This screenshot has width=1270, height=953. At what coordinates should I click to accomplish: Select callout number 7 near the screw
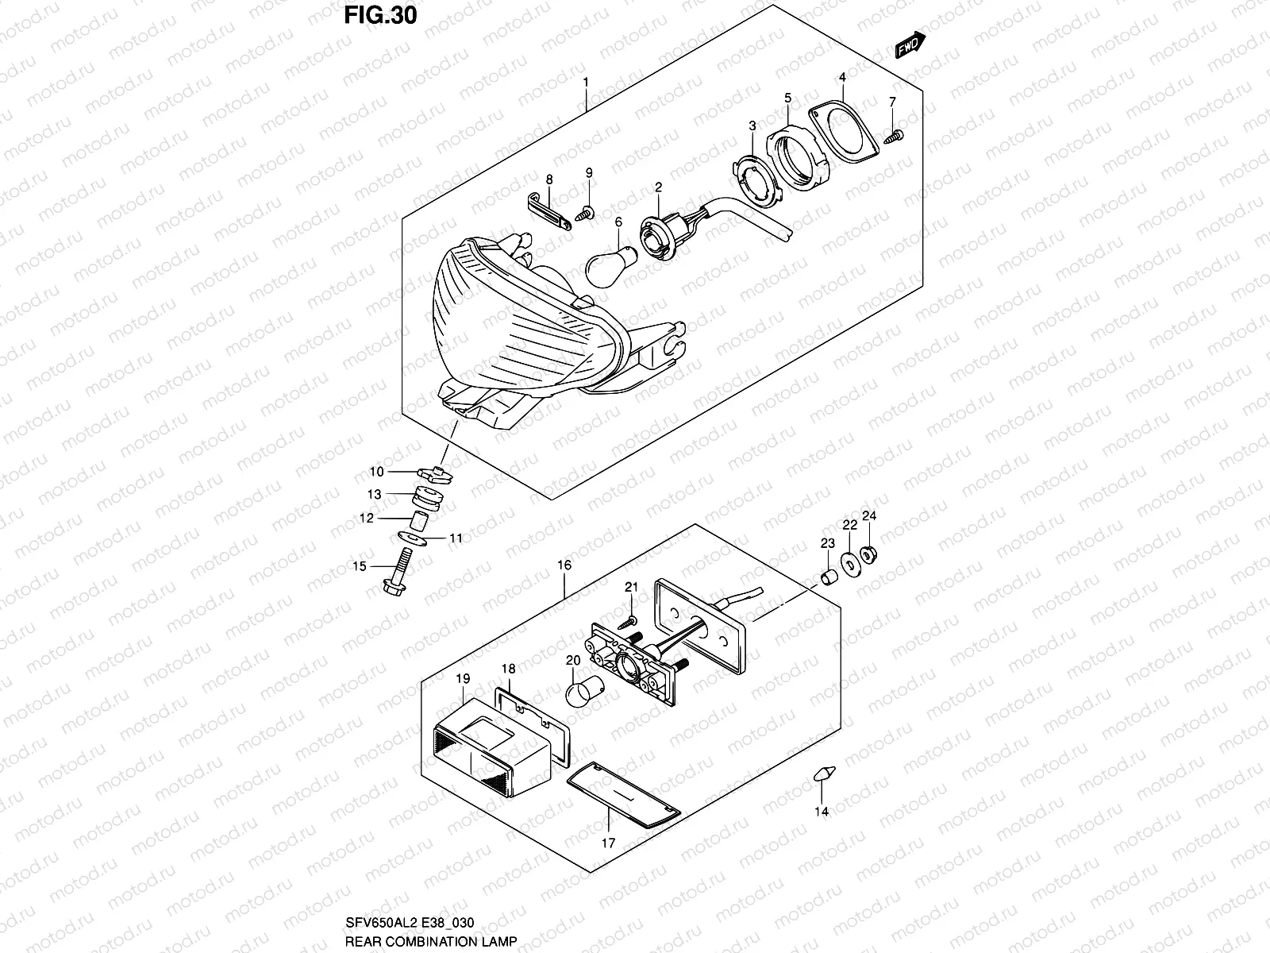click(x=891, y=102)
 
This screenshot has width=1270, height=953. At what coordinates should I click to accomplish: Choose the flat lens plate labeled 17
click(x=625, y=794)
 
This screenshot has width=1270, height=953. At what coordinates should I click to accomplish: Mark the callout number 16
click(x=564, y=565)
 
